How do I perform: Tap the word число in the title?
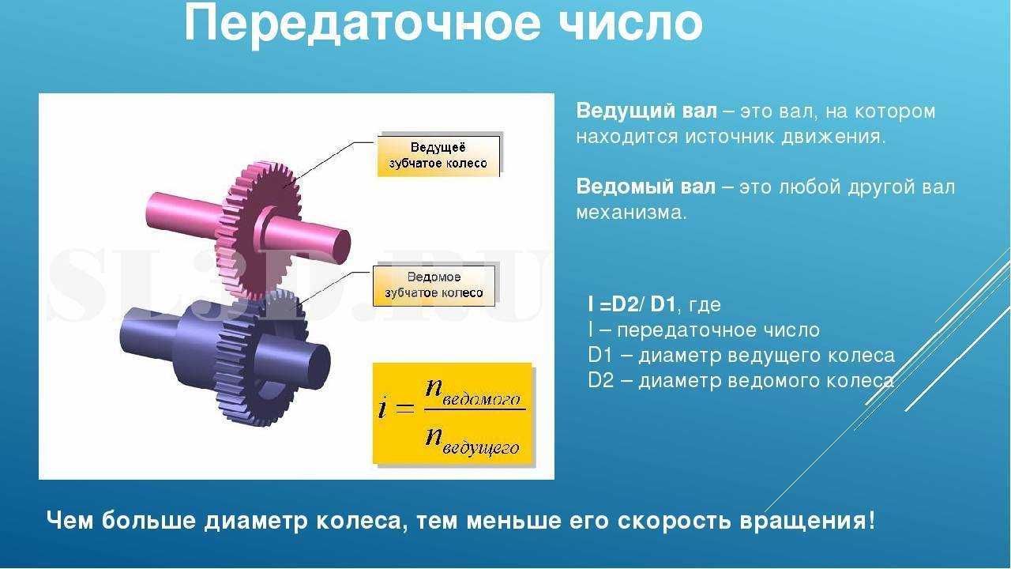click(630, 24)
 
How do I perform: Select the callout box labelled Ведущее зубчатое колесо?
click(438, 156)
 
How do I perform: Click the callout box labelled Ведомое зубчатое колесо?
click(434, 285)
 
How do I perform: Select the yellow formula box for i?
click(453, 413)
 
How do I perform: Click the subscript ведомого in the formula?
click(481, 400)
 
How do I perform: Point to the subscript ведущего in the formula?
click(480, 448)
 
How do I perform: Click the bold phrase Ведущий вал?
click(646, 111)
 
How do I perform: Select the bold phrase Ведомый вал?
click(646, 187)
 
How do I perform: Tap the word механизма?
click(631, 213)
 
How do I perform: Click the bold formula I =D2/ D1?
click(631, 304)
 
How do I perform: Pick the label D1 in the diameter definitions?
click(599, 356)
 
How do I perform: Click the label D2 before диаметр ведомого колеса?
click(600, 381)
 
